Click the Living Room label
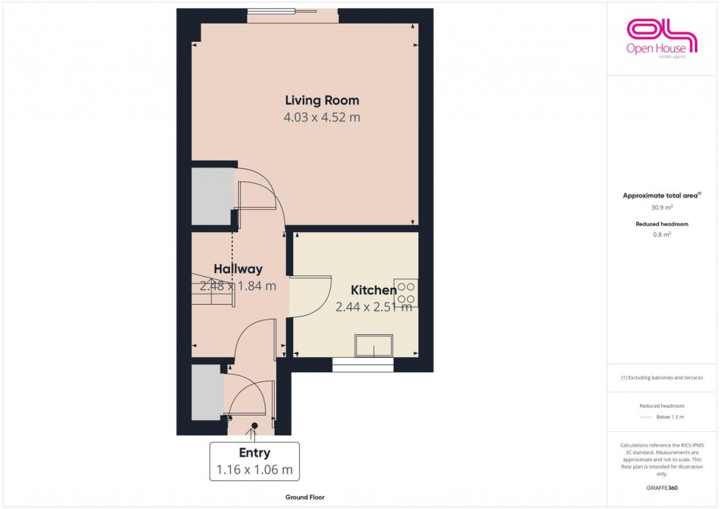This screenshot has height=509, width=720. click(x=322, y=101)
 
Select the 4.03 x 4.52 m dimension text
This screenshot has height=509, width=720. click(x=322, y=118)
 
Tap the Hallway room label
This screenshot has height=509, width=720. click(x=238, y=270)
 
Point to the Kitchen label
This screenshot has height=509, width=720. click(x=373, y=290)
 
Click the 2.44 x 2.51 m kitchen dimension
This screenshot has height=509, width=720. click(x=373, y=308)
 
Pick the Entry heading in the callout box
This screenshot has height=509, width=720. click(x=254, y=453)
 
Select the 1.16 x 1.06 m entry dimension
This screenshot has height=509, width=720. click(x=254, y=470)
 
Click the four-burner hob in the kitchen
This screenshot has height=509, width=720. click(x=406, y=293)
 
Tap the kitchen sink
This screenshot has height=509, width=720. click(x=373, y=346)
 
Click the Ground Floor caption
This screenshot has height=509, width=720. click(x=306, y=497)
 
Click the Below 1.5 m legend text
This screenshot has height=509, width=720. click(x=671, y=417)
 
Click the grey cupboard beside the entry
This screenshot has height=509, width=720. click(x=206, y=391)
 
